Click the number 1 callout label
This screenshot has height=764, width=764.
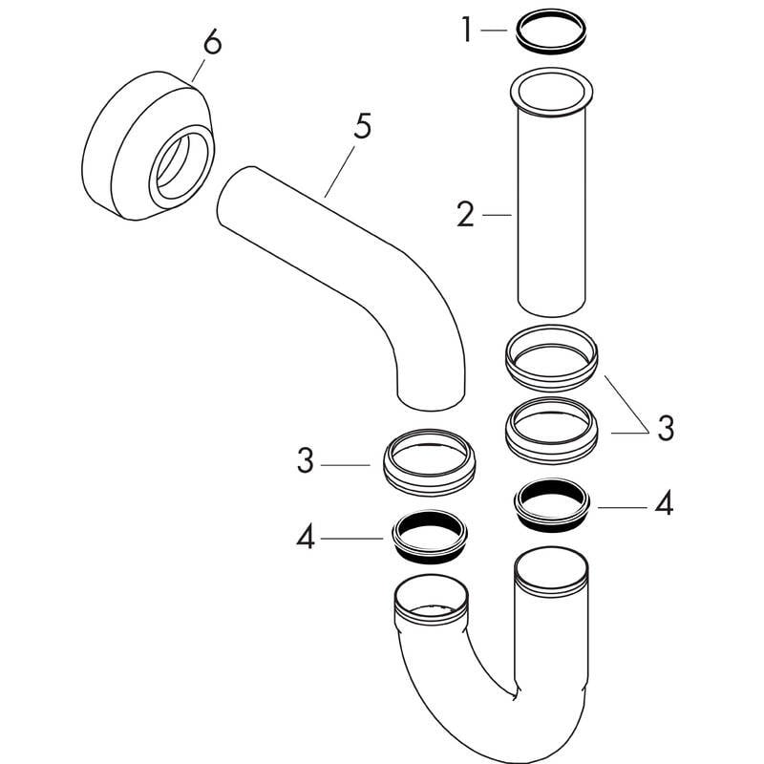[467, 30]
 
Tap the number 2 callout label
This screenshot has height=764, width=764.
[465, 214]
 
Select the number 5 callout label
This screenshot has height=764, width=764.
[363, 126]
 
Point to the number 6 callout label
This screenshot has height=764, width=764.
[212, 42]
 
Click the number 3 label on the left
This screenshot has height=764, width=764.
[306, 461]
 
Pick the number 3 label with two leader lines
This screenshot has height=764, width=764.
[666, 429]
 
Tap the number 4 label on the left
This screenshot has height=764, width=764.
[306, 539]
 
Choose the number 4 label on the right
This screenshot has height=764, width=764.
[664, 502]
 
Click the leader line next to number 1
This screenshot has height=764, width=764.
[494, 31]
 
